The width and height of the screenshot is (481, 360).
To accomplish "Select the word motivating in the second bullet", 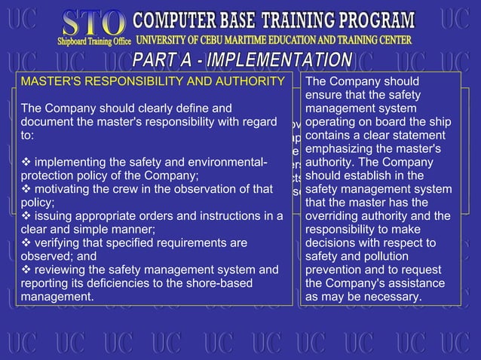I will click(x=63, y=190).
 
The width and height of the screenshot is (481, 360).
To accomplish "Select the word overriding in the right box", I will click(x=335, y=216).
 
